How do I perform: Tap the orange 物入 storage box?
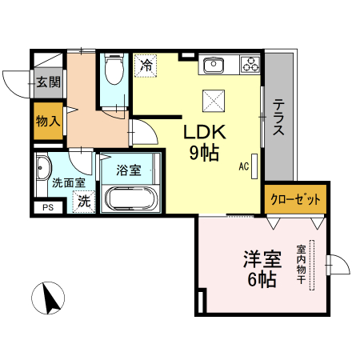coord(48,122)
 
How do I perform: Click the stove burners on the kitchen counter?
coord(250,65)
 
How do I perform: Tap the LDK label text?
coord(206,132)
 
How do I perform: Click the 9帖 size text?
coord(206,154)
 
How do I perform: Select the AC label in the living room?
coord(243,166)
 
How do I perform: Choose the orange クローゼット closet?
coord(295,199)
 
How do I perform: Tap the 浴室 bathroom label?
coord(128,170)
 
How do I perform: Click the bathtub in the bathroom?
coord(133,198)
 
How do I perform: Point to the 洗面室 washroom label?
coord(68,182)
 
